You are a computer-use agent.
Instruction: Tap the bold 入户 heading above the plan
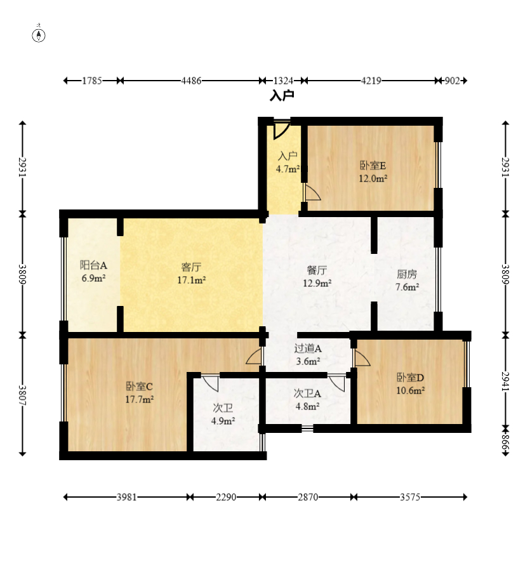pos(282,96)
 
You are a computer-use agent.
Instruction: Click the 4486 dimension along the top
pos(191,81)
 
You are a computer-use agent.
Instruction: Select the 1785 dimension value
pos(91,81)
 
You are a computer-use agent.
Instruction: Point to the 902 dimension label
pos(453,81)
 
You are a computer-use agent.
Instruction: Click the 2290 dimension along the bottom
pos(226,497)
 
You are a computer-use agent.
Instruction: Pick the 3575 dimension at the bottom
pos(410,497)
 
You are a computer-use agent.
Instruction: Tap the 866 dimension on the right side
pos(506,442)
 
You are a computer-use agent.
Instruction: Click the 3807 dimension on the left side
pos(22,395)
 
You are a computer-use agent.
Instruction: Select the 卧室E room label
pos(373,166)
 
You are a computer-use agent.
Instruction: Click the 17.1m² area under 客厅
pos(192,280)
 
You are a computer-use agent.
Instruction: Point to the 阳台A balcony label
pos(93,265)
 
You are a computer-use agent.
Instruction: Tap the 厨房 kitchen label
pos(407,274)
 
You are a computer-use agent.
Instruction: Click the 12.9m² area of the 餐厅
pos(317,283)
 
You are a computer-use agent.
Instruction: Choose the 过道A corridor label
pos(308,348)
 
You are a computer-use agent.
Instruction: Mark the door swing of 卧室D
pos(362,357)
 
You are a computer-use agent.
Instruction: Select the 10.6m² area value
pos(410,390)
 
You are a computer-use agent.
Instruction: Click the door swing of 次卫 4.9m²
pos(210,384)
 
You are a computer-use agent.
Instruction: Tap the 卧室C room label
pos(139,387)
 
